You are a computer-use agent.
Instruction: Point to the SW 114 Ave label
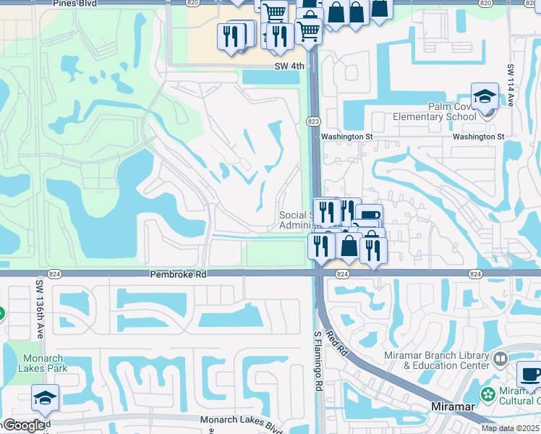tap(510, 85)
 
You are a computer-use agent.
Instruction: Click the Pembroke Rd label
tap(178, 275)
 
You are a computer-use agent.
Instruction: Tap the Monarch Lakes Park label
tap(44, 363)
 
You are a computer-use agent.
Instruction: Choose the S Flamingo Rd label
tap(317, 362)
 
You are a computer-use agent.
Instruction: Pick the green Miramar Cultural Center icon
tap(489, 394)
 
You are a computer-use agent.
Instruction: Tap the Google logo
tap(24, 426)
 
